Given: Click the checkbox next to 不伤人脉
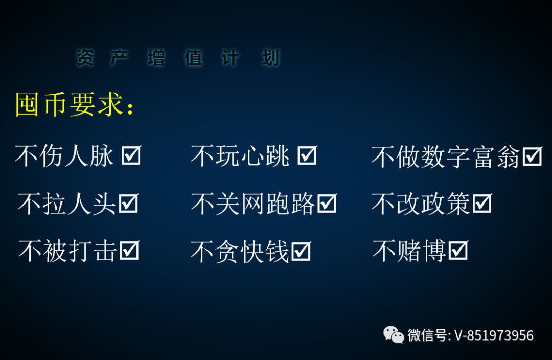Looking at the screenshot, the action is [x=131, y=155].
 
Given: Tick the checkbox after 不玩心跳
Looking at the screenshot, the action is [x=307, y=155].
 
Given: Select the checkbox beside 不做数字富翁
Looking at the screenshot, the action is [x=532, y=156].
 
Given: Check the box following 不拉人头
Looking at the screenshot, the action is [x=128, y=203].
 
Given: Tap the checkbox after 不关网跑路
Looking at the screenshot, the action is [x=327, y=203].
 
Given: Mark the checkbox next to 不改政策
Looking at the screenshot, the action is [x=482, y=203].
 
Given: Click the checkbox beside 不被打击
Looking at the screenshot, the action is [x=129, y=251].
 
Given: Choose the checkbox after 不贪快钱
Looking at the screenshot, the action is [x=301, y=251].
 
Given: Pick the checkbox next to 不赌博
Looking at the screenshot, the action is [x=458, y=251].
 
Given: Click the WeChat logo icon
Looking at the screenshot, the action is [x=393, y=334].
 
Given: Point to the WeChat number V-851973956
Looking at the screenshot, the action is [x=494, y=335].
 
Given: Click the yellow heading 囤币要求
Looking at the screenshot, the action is [x=75, y=104].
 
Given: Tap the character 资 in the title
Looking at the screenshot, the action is [x=85, y=57].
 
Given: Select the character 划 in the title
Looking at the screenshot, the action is [x=270, y=57].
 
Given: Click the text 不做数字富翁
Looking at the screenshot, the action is [x=445, y=156].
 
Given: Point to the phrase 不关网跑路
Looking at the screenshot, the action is [x=253, y=204].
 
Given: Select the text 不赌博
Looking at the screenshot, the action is [x=409, y=251].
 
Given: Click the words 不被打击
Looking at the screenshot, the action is [x=67, y=251].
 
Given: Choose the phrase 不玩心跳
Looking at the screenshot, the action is [x=240, y=155].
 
